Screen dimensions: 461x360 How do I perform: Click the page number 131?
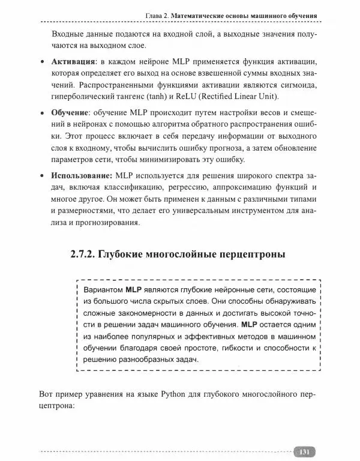point(304,451)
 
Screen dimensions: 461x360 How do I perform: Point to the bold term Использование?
point(81,176)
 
